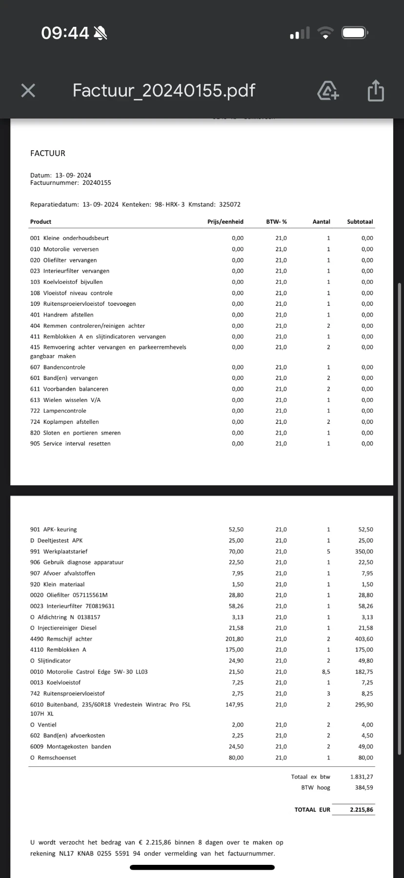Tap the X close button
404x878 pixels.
coord(28,90)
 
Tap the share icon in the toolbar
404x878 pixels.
coord(376,91)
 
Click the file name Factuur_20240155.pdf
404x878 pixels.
coord(164,90)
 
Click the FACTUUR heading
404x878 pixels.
coord(48,153)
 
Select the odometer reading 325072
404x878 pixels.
coord(229,204)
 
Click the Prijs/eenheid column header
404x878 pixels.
coord(225,221)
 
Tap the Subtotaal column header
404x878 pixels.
coord(360,221)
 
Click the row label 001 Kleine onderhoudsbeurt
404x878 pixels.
coord(69,238)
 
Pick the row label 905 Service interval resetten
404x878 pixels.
coord(70,443)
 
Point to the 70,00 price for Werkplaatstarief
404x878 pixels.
coord(236,551)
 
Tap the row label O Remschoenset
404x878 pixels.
coord(53,758)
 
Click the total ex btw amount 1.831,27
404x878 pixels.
coord(362,777)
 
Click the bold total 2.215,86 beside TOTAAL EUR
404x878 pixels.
coord(362,810)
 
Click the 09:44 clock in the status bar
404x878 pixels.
coord(65,33)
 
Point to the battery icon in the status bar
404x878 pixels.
coord(355,33)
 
